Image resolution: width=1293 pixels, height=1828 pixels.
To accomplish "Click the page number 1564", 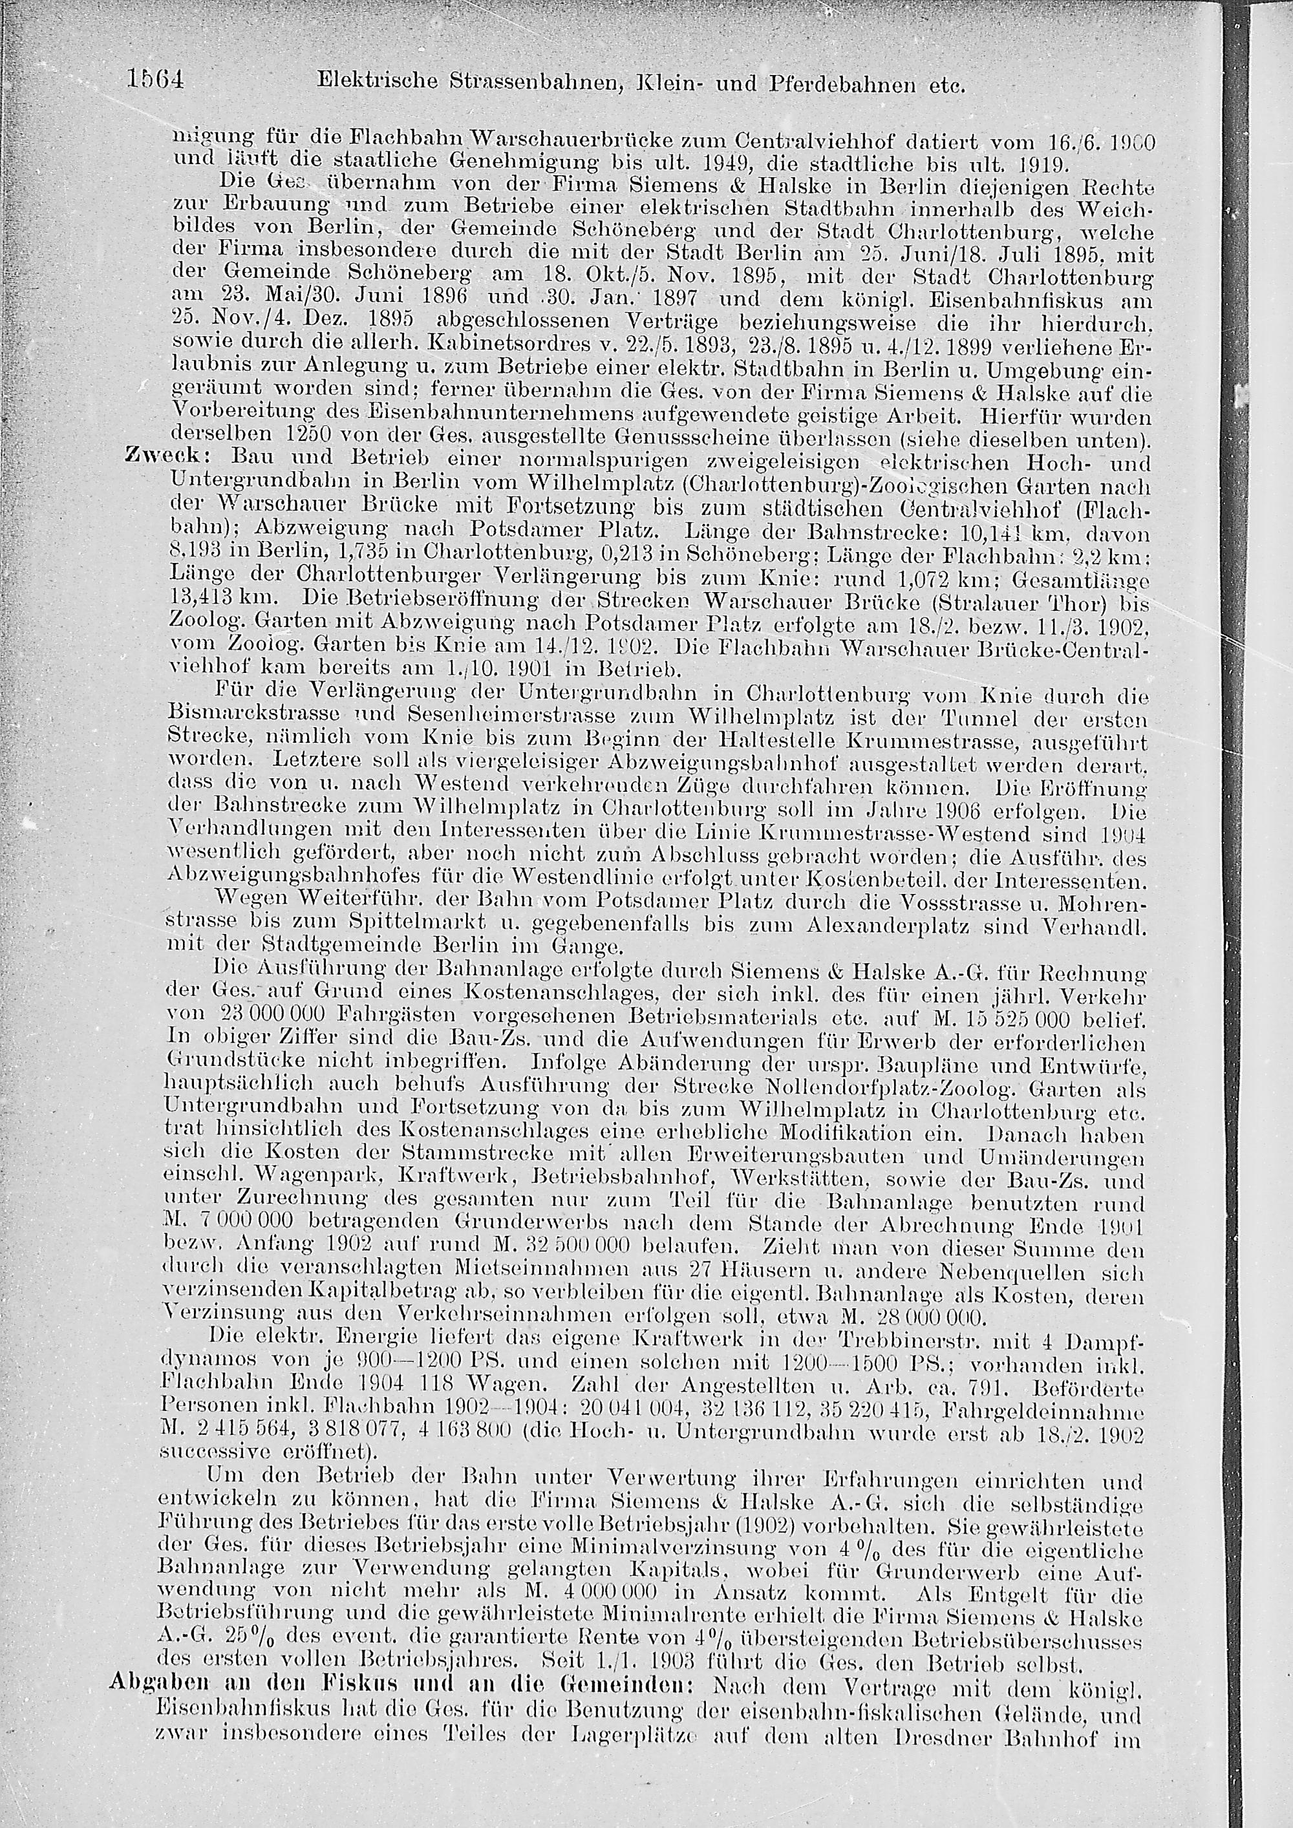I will pyautogui.click(x=156, y=80).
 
